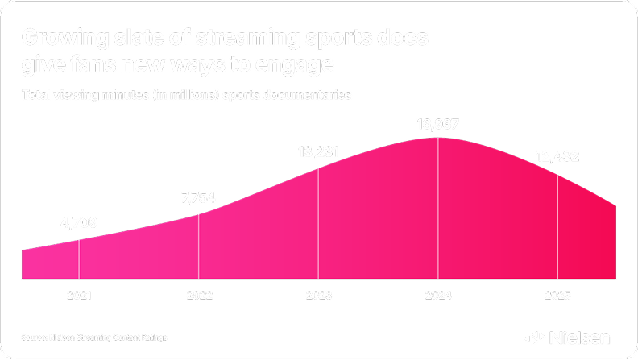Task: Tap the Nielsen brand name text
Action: tap(580, 337)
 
